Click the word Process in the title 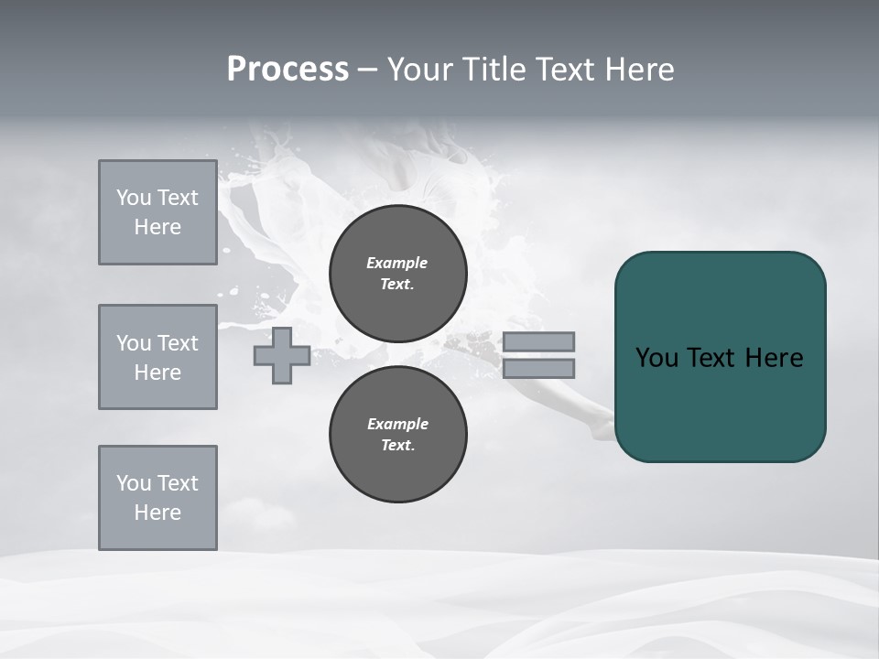pos(288,70)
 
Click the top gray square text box pos(157,212)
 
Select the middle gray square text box pos(157,357)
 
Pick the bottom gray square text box pos(157,498)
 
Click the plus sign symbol pos(282,355)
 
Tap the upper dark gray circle pos(398,274)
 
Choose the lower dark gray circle pos(398,435)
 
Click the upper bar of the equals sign pos(539,341)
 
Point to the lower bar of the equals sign pos(539,369)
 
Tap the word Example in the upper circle pos(397,263)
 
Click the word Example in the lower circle pos(397,424)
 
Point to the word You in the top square pos(133,198)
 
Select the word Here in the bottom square pos(157,513)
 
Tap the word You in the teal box pos(656,358)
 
